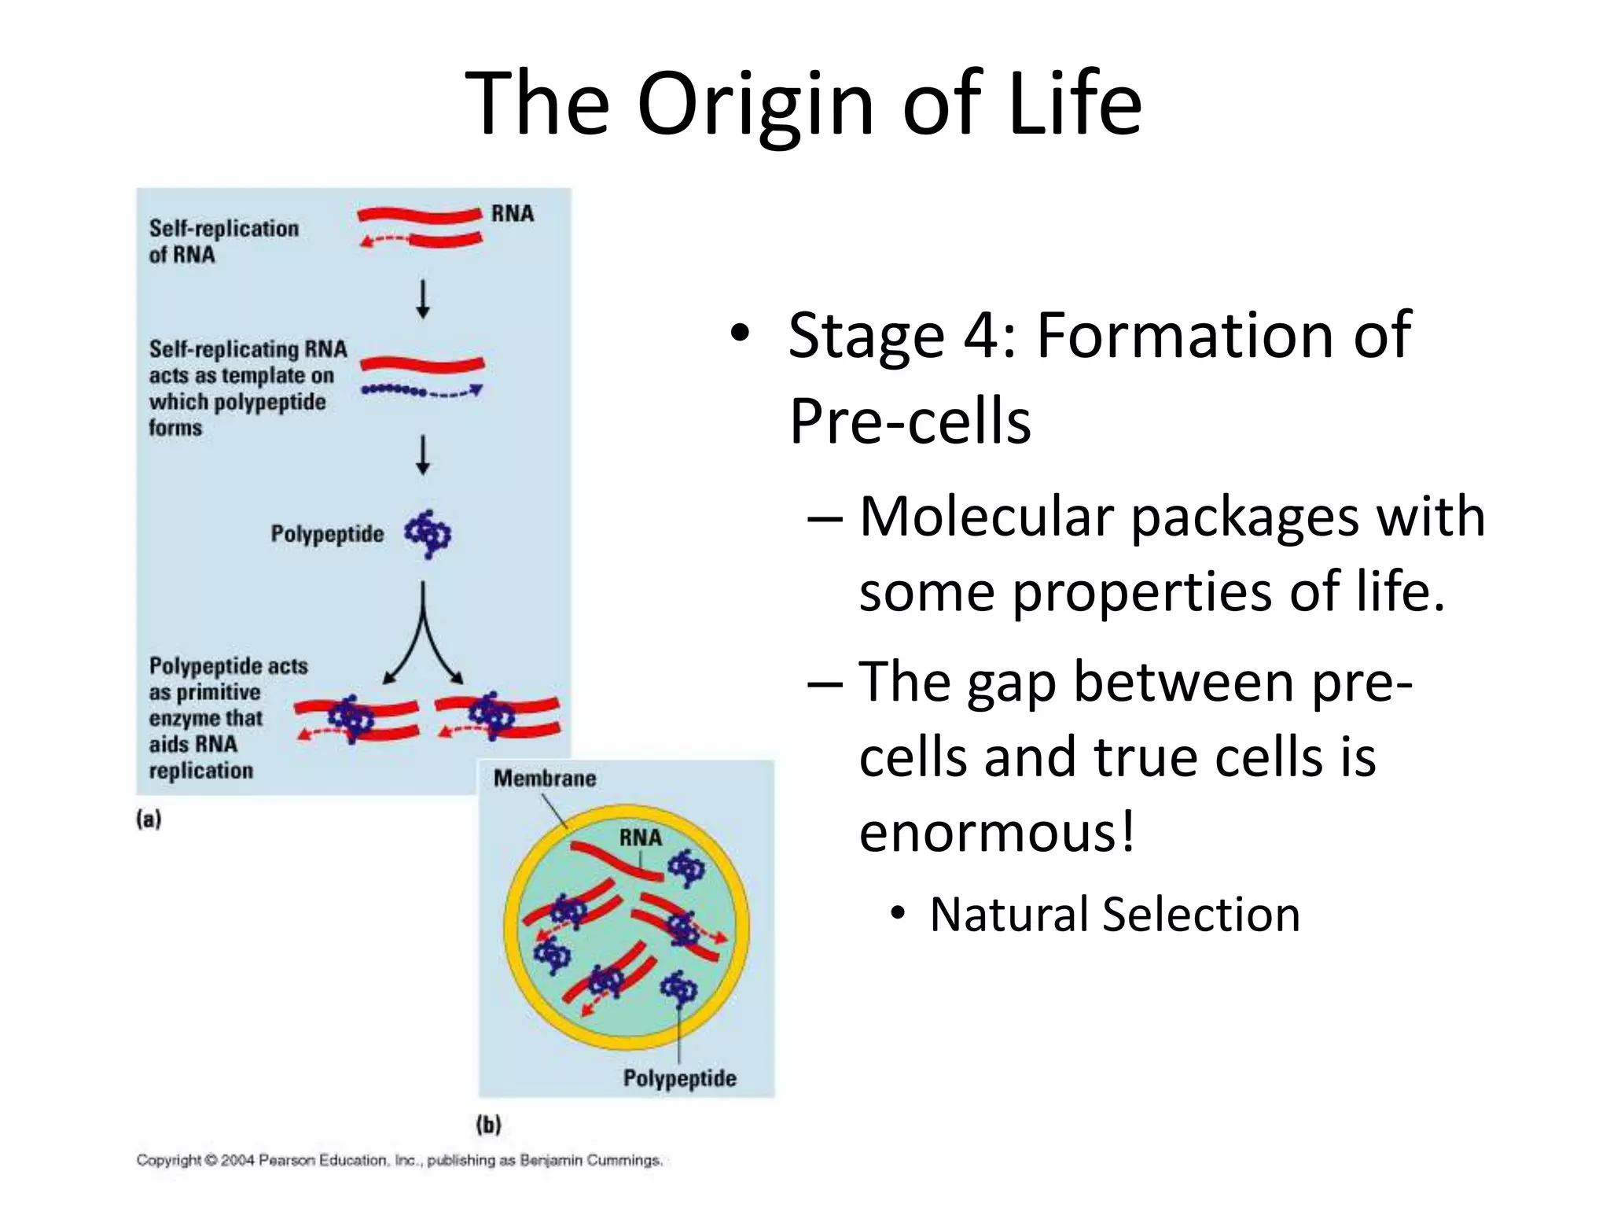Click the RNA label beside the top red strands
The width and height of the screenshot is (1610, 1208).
point(512,214)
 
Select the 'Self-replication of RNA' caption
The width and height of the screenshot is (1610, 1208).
point(223,241)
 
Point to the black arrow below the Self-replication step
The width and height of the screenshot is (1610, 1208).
point(423,299)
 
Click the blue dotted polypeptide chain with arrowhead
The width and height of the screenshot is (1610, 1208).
point(421,391)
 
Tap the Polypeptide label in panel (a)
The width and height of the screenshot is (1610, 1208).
point(327,534)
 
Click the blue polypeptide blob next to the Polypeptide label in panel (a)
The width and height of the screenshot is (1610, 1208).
point(428,534)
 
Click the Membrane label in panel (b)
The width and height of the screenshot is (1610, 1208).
point(545,779)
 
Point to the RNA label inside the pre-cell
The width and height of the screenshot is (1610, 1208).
point(640,838)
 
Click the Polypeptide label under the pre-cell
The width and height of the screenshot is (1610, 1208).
point(680,1078)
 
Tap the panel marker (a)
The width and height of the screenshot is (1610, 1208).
point(149,819)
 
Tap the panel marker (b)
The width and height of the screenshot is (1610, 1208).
point(488,1125)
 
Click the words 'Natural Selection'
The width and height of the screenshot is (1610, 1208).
point(1114,915)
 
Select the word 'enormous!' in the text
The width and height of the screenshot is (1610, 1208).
point(997,832)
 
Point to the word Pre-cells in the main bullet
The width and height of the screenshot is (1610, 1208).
point(910,422)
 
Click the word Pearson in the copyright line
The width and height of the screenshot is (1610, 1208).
point(287,1160)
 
